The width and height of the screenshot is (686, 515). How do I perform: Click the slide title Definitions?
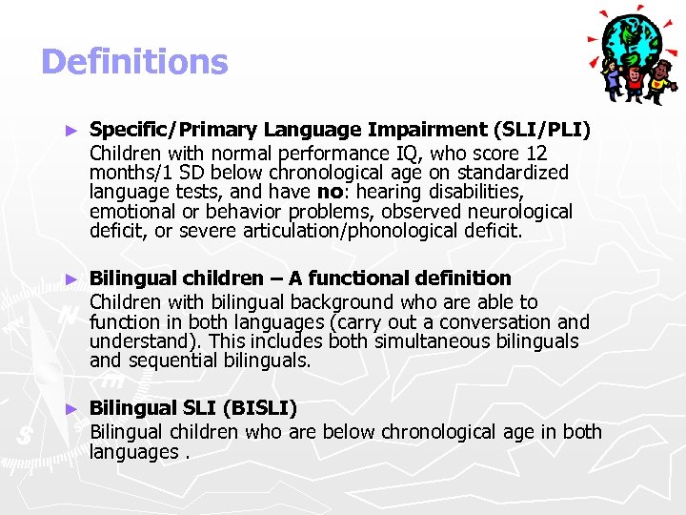coord(134,62)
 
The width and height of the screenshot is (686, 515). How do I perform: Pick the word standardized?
coord(511,173)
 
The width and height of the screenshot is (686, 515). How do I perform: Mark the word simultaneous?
coord(455,341)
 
